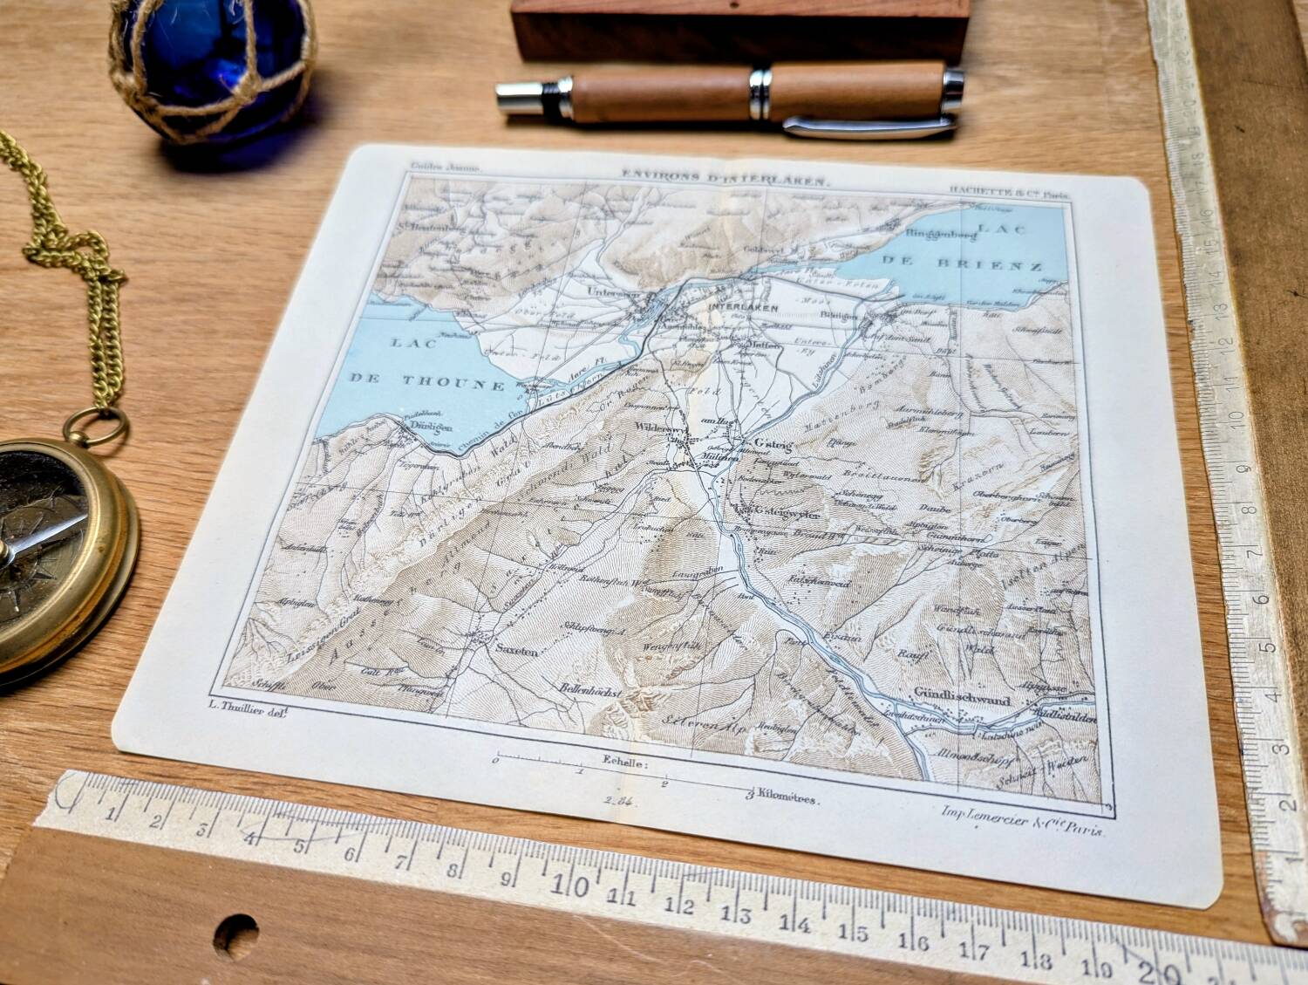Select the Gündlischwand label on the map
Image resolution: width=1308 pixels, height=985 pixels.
962,700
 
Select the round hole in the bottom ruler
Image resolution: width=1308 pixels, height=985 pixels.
235,934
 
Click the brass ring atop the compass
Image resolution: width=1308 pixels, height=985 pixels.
98,428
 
